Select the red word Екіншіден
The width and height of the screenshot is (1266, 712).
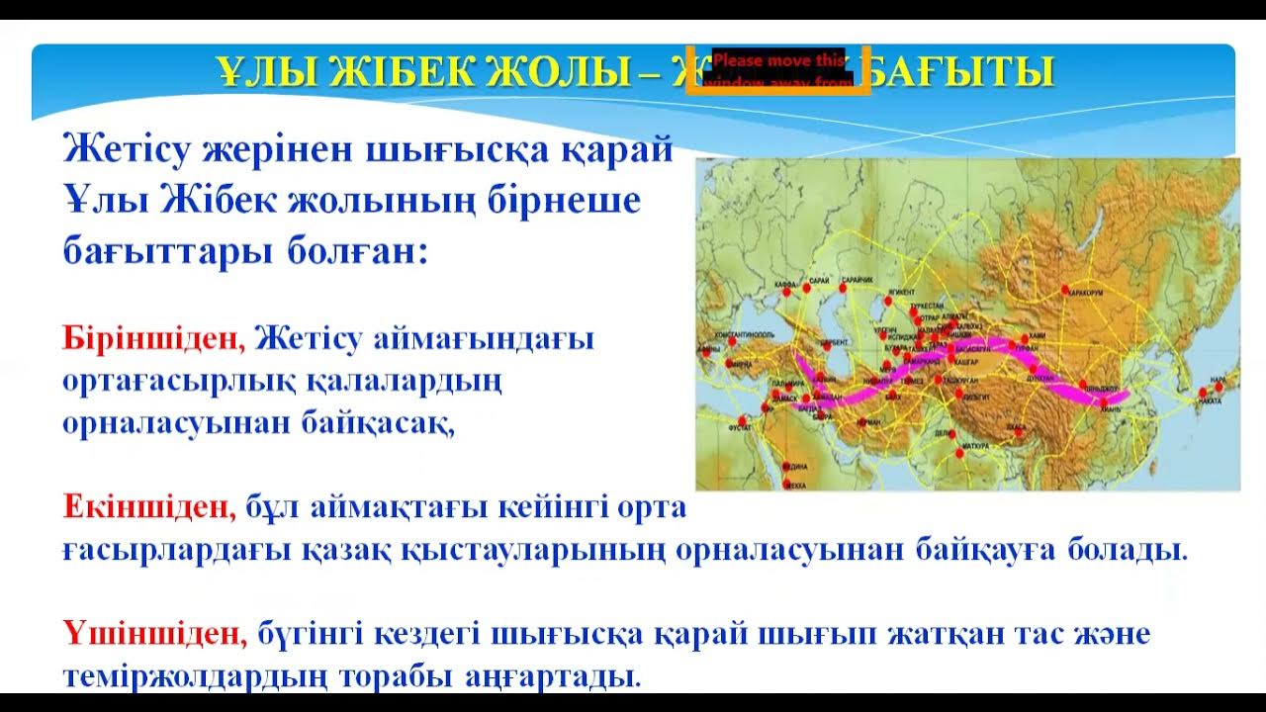pos(149,508)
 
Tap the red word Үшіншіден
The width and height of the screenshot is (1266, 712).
pos(154,633)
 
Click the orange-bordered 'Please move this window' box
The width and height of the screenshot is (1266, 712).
pos(778,69)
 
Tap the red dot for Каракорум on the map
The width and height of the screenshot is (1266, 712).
pos(1064,290)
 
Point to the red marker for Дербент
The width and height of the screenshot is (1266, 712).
pos(826,345)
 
